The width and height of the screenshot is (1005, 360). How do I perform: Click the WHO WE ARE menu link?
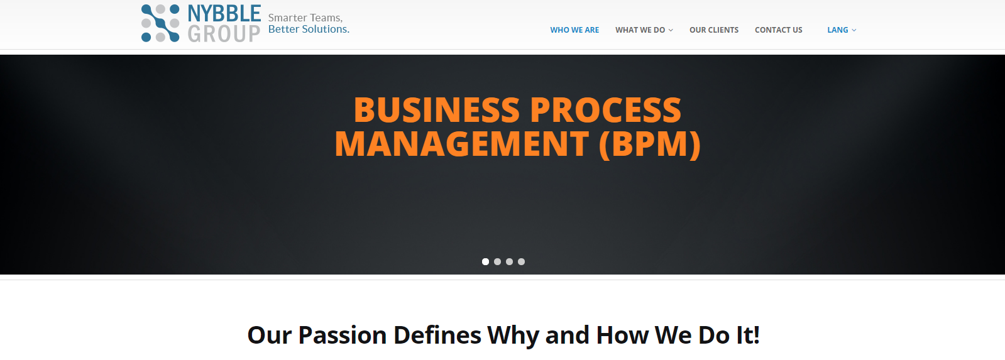(x=574, y=30)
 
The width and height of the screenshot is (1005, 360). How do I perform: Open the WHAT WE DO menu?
(x=640, y=30)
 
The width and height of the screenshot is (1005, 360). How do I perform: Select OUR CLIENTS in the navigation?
(x=714, y=30)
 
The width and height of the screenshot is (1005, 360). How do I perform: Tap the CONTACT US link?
(x=779, y=30)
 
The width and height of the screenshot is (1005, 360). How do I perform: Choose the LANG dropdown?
(x=838, y=30)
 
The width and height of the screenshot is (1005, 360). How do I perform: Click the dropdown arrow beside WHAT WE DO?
(x=671, y=31)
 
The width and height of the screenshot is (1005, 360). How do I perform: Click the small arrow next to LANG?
(x=854, y=31)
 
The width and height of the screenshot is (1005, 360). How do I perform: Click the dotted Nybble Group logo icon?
(x=160, y=23)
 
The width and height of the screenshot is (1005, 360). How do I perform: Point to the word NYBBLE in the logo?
(x=224, y=13)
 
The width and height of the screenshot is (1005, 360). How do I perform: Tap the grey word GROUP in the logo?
(x=224, y=34)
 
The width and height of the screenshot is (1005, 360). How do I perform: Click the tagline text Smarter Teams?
(x=305, y=18)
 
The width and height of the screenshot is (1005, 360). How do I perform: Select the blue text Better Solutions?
(x=309, y=29)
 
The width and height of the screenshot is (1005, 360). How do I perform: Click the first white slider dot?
(x=485, y=262)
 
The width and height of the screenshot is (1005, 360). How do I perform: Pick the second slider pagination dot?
(x=498, y=262)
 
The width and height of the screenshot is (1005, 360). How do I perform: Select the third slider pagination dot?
(x=509, y=262)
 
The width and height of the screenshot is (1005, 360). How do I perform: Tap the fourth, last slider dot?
(x=521, y=262)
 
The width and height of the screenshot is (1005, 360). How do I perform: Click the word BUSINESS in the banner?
(x=437, y=110)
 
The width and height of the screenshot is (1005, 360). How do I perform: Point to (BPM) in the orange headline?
(x=650, y=145)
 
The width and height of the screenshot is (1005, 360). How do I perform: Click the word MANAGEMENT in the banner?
(x=462, y=144)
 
